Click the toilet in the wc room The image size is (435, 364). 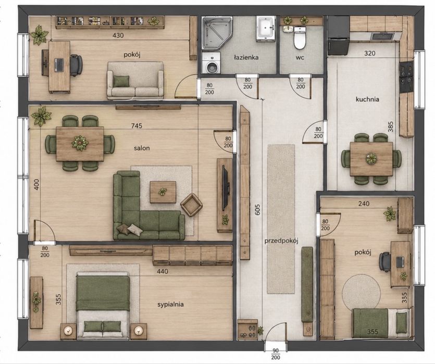point(300,37)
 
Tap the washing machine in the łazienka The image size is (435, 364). point(212,63)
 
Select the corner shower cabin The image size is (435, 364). point(217,33)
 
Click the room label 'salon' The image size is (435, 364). point(142,148)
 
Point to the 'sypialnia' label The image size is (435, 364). point(170,305)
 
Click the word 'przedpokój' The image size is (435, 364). point(281,241)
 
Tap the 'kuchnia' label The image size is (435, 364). point(367,99)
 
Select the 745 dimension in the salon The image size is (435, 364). point(136,126)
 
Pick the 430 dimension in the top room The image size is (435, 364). point(118,35)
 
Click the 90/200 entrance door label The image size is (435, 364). point(275,355)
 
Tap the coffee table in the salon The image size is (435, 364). point(163,192)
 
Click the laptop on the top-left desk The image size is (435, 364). point(58,65)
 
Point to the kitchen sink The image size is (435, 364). point(383,36)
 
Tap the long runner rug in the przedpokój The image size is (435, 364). point(281,219)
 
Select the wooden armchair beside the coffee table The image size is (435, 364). point(191,205)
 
